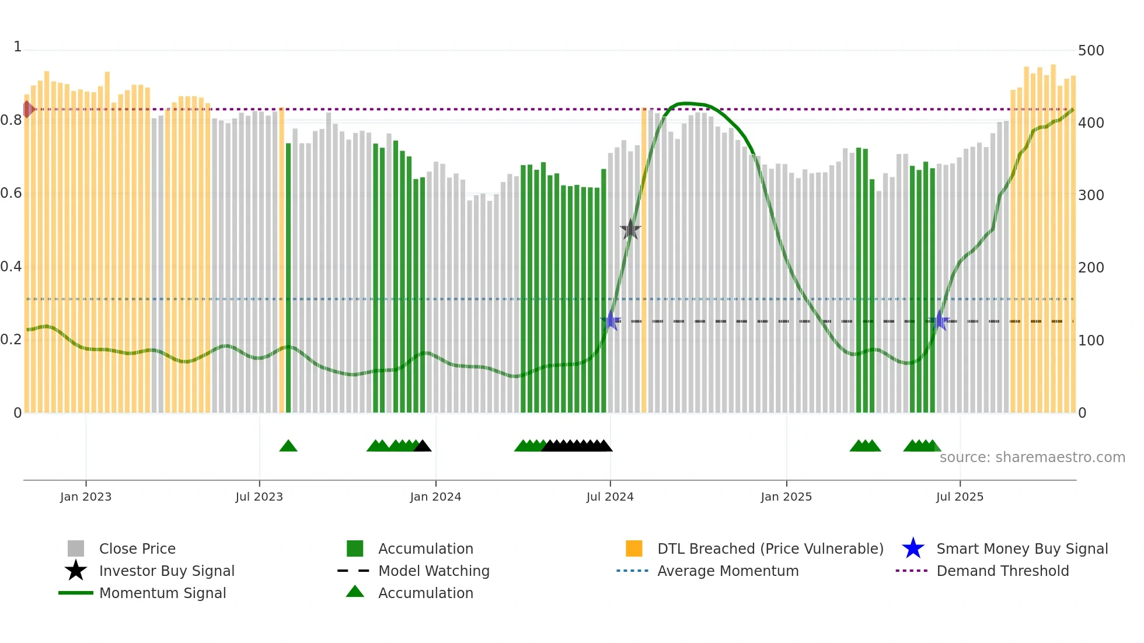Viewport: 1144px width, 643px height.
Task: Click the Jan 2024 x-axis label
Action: tap(435, 497)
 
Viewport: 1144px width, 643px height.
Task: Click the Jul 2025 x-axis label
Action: tap(960, 497)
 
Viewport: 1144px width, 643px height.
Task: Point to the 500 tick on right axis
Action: tap(1090, 51)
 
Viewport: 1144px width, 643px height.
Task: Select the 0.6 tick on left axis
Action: tap(11, 193)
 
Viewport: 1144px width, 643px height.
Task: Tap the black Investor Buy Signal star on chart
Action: tap(630, 229)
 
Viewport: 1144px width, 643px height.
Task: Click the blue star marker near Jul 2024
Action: tap(611, 320)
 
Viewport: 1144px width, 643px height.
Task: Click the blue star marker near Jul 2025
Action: tap(939, 320)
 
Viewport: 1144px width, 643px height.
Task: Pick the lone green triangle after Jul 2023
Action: tap(288, 446)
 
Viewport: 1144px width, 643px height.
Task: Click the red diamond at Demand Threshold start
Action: tap(27, 109)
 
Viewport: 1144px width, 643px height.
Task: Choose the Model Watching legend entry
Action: tap(433, 571)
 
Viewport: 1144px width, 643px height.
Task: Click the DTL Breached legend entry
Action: tap(769, 548)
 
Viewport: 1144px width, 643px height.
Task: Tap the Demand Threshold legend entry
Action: tap(1002, 571)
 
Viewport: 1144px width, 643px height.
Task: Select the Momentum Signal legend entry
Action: tap(162, 593)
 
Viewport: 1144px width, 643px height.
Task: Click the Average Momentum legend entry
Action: tap(727, 571)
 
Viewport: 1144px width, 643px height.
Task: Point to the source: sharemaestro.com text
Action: tap(1032, 457)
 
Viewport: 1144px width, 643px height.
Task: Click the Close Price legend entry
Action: tap(137, 548)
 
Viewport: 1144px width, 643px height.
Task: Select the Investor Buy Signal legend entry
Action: tap(166, 571)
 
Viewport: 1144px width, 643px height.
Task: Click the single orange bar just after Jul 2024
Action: tap(644, 260)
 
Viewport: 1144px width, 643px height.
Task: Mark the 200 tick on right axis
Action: tap(1090, 268)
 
